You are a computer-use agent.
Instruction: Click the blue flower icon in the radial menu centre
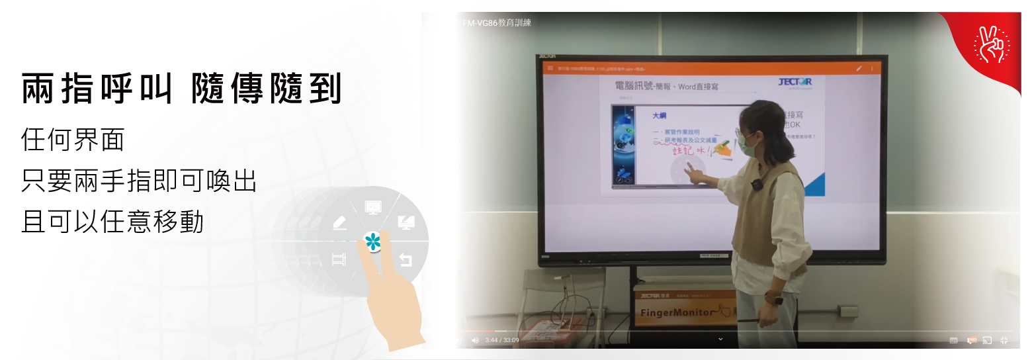pos(373,242)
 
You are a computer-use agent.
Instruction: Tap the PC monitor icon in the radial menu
pos(373,208)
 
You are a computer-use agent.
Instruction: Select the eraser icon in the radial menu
pos(339,223)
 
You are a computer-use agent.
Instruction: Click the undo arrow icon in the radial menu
pos(406,260)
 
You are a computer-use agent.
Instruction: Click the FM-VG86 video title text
pos(497,22)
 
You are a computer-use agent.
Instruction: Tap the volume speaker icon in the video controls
pos(474,340)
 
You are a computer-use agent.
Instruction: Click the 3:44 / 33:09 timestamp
pos(502,340)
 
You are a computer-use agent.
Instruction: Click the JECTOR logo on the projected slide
pos(795,83)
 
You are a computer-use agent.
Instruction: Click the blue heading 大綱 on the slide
pos(659,115)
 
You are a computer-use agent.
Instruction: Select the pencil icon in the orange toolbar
pos(859,68)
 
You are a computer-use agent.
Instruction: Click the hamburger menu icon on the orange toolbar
pos(550,68)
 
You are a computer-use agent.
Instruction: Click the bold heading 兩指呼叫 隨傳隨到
pos(181,89)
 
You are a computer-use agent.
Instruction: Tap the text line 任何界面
pos(73,140)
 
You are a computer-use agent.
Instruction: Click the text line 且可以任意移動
pos(112,223)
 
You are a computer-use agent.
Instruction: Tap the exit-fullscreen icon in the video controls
pos(1004,340)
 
